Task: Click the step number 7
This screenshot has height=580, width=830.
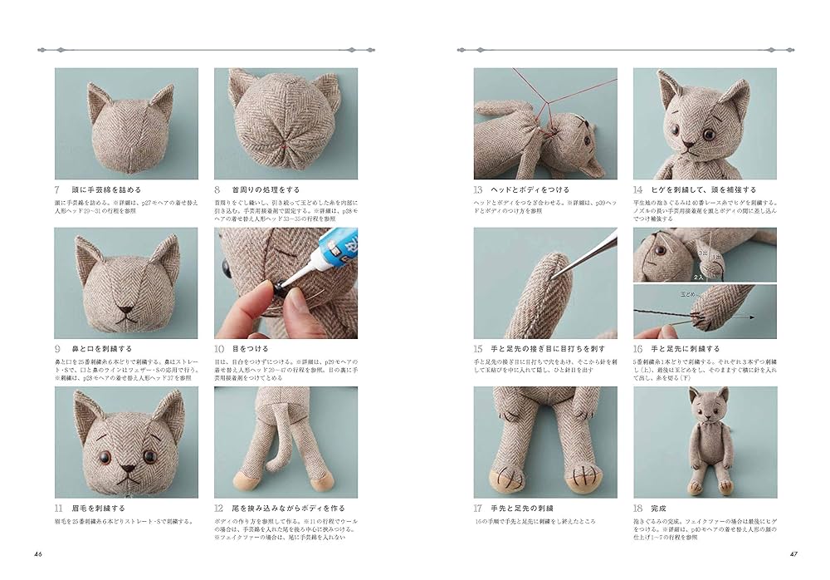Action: click(x=58, y=189)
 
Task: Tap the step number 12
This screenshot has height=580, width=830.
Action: click(x=219, y=508)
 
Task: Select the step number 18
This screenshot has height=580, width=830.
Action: click(x=639, y=508)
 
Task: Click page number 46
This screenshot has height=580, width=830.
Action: click(x=38, y=554)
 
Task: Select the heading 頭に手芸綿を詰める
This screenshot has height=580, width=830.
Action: click(x=108, y=189)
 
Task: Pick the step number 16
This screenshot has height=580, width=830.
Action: click(x=639, y=349)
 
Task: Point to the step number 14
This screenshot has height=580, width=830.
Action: click(x=639, y=189)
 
